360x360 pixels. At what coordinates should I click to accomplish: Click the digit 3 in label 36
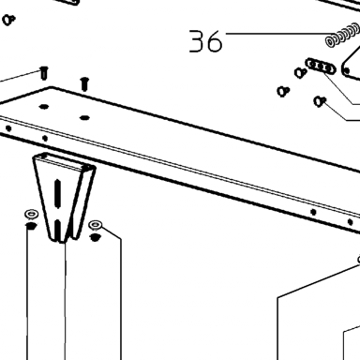[x=197, y=40]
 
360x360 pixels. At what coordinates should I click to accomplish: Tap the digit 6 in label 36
[x=215, y=41]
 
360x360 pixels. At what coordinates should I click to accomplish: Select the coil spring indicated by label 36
[x=342, y=35]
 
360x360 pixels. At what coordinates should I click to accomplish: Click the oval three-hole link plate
[x=321, y=67]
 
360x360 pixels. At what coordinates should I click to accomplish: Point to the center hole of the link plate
[x=321, y=67]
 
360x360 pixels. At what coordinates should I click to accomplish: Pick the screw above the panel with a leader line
[x=44, y=72]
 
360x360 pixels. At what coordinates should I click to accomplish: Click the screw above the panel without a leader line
[x=84, y=83]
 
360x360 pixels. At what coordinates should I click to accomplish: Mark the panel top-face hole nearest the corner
[x=44, y=107]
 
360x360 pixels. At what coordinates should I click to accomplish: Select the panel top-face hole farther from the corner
[x=84, y=118]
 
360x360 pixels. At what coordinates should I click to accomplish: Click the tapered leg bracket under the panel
[x=64, y=198]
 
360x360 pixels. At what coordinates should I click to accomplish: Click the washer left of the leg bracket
[x=31, y=215]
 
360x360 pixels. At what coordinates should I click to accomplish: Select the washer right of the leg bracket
[x=95, y=224]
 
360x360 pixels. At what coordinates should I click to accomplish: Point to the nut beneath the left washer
[x=31, y=226]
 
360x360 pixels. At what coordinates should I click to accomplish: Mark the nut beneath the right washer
[x=95, y=237]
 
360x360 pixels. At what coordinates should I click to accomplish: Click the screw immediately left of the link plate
[x=301, y=73]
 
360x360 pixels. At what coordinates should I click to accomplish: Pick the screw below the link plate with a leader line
[x=320, y=101]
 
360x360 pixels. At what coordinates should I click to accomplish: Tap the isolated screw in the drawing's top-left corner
[x=8, y=20]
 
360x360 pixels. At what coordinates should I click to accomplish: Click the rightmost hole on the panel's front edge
[x=350, y=222]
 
